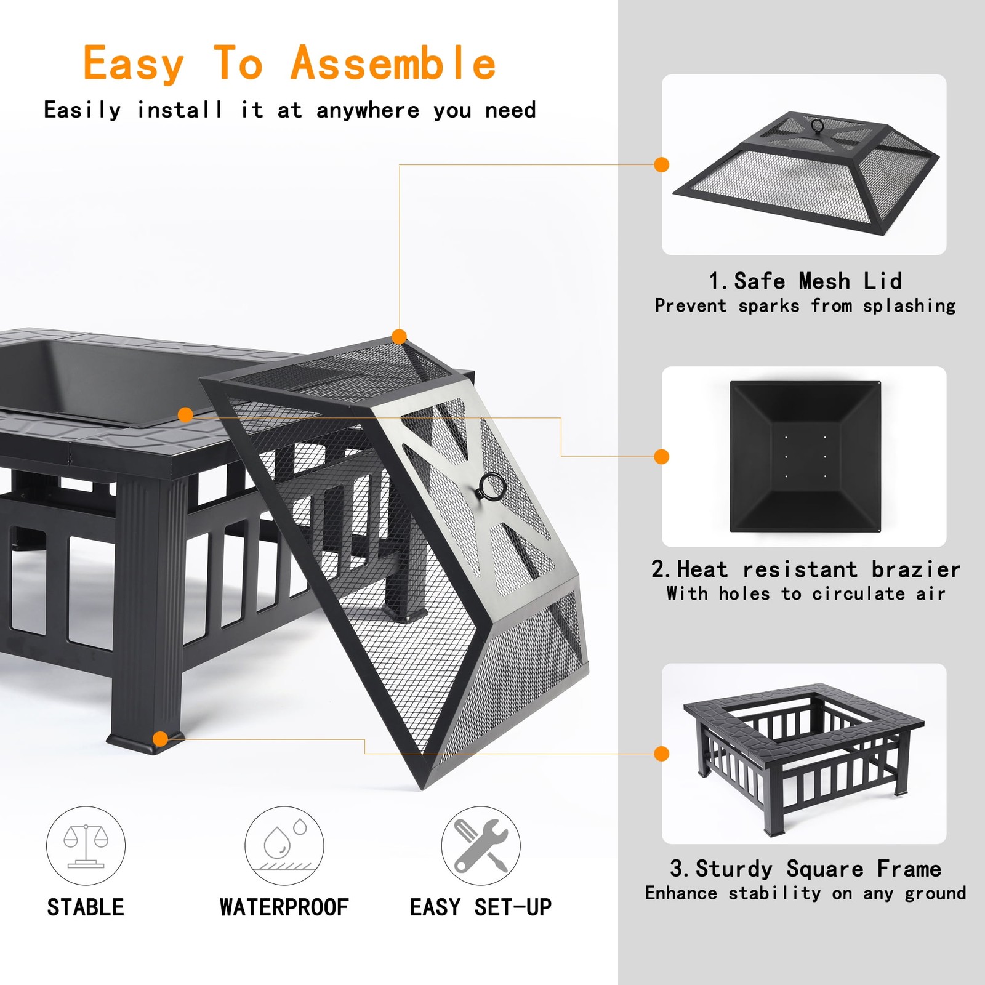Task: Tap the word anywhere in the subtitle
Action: [368, 110]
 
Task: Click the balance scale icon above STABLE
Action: [86, 846]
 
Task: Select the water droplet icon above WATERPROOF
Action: [284, 846]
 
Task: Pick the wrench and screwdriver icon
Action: [481, 846]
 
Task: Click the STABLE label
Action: [86, 907]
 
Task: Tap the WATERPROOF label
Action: [284, 907]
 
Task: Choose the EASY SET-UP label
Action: [481, 907]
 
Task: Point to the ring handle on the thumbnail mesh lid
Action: [817, 126]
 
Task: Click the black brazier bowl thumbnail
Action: [805, 456]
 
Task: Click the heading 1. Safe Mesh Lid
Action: [805, 281]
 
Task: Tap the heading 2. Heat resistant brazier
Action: [805, 569]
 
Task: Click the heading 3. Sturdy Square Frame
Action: [805, 869]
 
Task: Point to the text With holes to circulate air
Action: [805, 594]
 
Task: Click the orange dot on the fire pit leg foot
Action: [161, 739]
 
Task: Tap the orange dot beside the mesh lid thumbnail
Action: [662, 165]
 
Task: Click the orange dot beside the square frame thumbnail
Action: [662, 754]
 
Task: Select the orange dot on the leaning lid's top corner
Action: [399, 337]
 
